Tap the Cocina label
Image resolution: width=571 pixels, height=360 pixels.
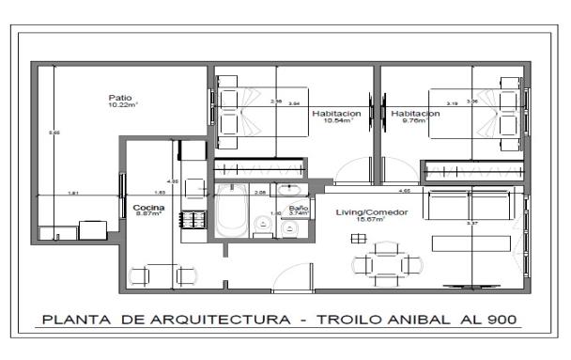(148, 207)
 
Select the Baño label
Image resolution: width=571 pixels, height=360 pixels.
(299, 207)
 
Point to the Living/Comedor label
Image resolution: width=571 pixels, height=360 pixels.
(372, 212)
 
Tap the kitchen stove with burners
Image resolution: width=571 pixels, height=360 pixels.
(193, 220)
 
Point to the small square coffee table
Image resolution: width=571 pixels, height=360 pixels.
(357, 239)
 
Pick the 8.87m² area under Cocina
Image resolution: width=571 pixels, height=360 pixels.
(148, 214)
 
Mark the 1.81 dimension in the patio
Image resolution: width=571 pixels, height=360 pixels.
(72, 194)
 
